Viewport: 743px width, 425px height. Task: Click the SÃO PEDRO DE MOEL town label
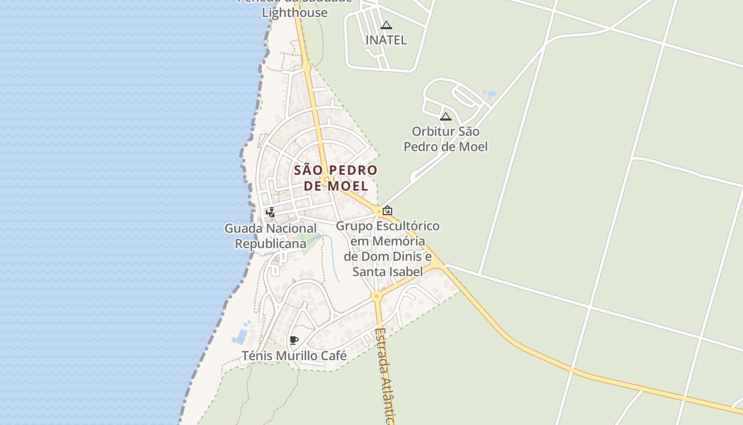click(x=335, y=178)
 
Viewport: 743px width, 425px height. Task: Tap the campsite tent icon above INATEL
click(x=386, y=25)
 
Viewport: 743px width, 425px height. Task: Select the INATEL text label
click(x=386, y=40)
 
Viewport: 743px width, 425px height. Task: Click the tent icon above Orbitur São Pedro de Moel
click(x=446, y=116)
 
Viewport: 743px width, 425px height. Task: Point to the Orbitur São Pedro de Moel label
click(x=446, y=139)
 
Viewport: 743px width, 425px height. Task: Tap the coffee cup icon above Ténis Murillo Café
click(x=294, y=340)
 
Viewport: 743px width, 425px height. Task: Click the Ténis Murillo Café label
click(x=294, y=355)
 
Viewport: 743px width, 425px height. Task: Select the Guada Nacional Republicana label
click(x=271, y=236)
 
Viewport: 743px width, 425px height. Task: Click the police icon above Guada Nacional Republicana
click(x=271, y=212)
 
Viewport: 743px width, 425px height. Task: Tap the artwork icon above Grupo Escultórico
click(x=387, y=210)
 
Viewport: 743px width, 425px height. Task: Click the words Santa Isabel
click(x=388, y=272)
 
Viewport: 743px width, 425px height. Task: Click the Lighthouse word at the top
click(x=295, y=12)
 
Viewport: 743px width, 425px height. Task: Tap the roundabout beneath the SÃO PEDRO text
click(x=327, y=181)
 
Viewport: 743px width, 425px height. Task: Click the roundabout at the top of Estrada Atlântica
click(x=377, y=296)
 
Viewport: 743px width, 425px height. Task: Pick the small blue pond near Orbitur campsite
click(x=490, y=94)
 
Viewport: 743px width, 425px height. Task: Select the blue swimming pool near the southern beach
click(x=241, y=337)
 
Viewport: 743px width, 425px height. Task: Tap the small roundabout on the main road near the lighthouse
click(x=306, y=66)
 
